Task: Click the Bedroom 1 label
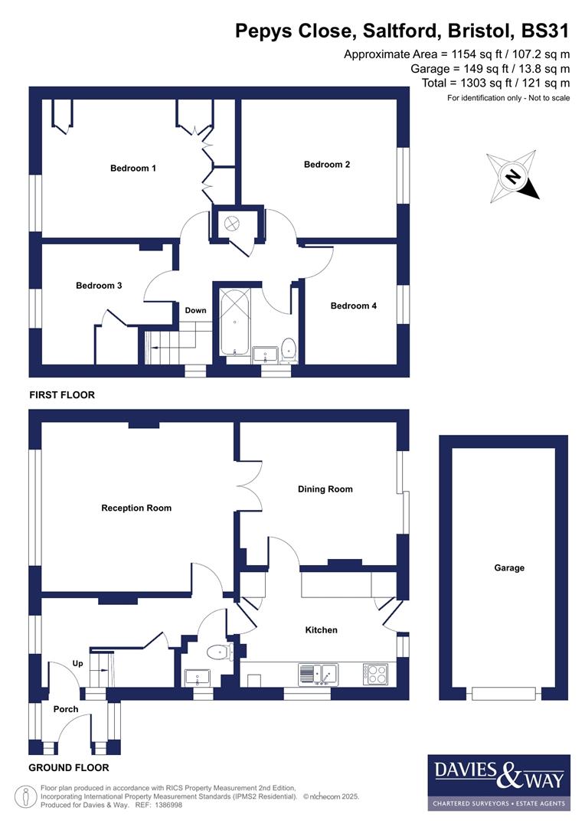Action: click(x=133, y=168)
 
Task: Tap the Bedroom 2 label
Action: click(x=327, y=164)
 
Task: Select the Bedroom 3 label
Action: click(x=99, y=286)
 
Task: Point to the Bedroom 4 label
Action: click(x=353, y=306)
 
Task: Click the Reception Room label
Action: click(x=136, y=508)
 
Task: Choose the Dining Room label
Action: click(x=325, y=489)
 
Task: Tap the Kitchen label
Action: click(x=321, y=630)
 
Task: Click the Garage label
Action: click(x=509, y=568)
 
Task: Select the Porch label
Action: click(x=66, y=709)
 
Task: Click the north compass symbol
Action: click(x=514, y=177)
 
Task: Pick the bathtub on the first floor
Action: click(x=234, y=321)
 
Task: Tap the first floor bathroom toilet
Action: click(x=288, y=348)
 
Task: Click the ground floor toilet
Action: click(x=219, y=652)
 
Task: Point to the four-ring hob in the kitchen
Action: click(x=375, y=674)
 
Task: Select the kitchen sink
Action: click(x=318, y=674)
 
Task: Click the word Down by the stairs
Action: click(x=195, y=310)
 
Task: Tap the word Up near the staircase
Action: click(x=77, y=663)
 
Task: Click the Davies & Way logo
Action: click(x=498, y=782)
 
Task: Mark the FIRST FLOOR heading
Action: click(x=62, y=395)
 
